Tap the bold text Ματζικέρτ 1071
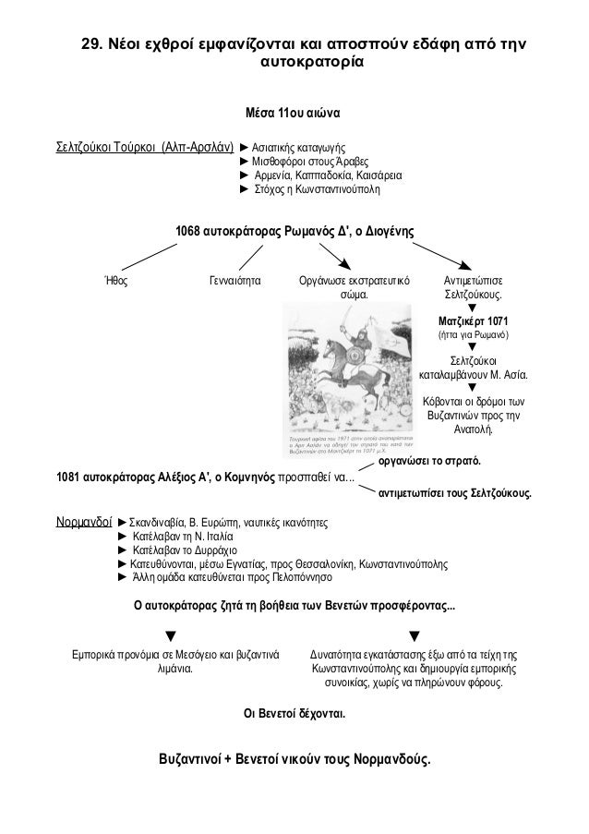tap(473, 320)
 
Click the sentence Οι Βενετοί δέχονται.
tap(294, 713)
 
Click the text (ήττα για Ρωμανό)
tap(473, 334)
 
